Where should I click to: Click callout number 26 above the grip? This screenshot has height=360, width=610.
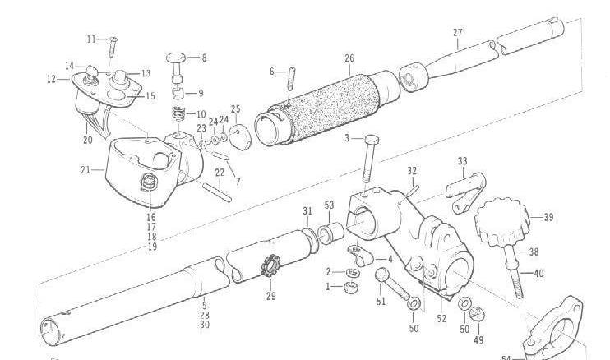coord(349,58)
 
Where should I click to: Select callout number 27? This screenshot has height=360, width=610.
coord(458,33)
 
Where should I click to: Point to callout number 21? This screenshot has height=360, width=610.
coord(85,170)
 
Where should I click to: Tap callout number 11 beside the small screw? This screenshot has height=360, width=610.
coord(90,39)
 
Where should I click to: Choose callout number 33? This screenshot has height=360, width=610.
coord(463,161)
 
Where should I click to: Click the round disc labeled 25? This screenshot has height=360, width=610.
coord(239,134)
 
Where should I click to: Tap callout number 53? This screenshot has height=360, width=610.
coord(329,205)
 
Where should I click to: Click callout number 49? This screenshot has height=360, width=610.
coord(478,340)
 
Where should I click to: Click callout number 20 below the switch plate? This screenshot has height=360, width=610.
coord(87,140)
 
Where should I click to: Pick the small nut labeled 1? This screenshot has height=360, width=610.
coord(349,287)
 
